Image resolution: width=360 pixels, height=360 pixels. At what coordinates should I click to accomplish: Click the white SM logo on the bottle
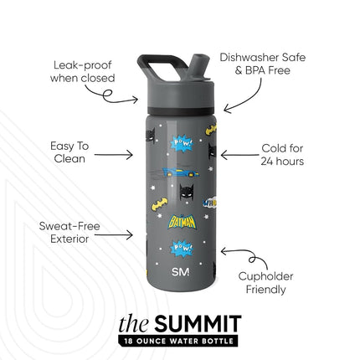pyautogui.click(x=181, y=271)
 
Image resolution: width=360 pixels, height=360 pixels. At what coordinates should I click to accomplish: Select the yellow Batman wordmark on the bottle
pyautogui.click(x=182, y=223)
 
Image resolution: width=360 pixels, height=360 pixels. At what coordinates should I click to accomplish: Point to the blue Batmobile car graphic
pyautogui.click(x=181, y=172)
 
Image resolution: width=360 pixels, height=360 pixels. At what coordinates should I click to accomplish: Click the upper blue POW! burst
pyautogui.click(x=182, y=143)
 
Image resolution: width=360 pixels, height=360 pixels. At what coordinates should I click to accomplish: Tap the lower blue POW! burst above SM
pyautogui.click(x=182, y=248)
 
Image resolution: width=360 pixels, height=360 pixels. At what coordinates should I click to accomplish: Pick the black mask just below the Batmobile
pyautogui.click(x=186, y=192)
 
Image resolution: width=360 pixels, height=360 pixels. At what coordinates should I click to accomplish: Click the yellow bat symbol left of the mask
pyautogui.click(x=160, y=204)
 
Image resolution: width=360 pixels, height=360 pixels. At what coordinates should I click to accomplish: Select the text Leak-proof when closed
pyautogui.click(x=83, y=71)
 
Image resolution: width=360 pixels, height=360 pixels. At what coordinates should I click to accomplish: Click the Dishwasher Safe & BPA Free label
pyautogui.click(x=263, y=64)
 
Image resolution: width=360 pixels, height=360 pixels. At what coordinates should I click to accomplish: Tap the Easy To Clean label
pyautogui.click(x=69, y=152)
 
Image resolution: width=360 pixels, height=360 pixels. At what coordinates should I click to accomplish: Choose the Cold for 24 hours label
pyautogui.click(x=282, y=155)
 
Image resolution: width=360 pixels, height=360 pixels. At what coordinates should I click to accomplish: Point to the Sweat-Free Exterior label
pyautogui.click(x=69, y=233)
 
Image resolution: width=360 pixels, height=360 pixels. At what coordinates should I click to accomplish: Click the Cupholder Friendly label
pyautogui.click(x=265, y=283)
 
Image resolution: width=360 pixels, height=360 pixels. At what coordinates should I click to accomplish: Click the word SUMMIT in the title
pyautogui.click(x=198, y=324)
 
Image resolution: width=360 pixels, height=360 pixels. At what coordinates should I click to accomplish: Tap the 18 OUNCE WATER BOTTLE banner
pyautogui.click(x=178, y=341)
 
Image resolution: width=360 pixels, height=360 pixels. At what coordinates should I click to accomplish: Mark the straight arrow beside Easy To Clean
pyautogui.click(x=113, y=155)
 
